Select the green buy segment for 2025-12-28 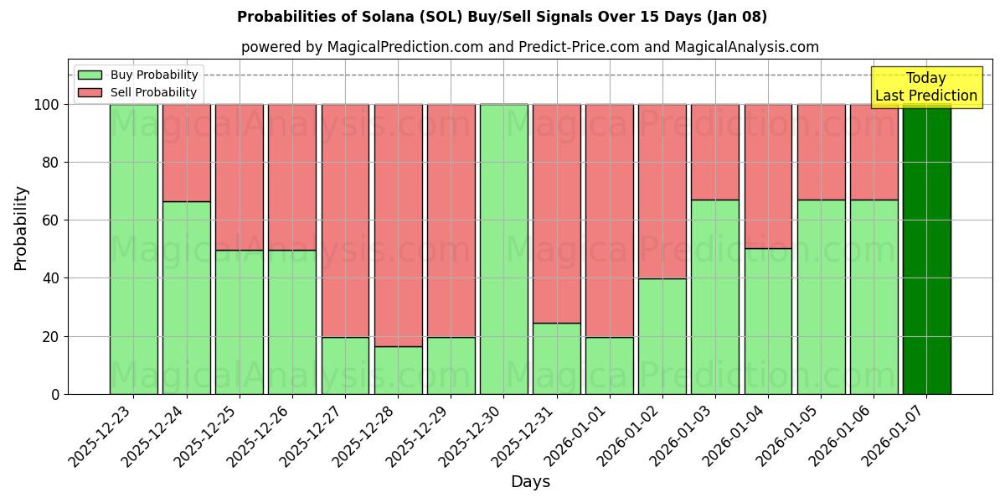click(x=398, y=370)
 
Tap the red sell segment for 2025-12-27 click(x=345, y=220)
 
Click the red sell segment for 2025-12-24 click(x=186, y=153)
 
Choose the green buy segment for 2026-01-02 click(x=662, y=335)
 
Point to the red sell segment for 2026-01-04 click(x=768, y=176)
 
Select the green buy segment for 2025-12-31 click(x=557, y=358)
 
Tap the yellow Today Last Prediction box click(x=925, y=87)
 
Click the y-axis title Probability click(x=21, y=227)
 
